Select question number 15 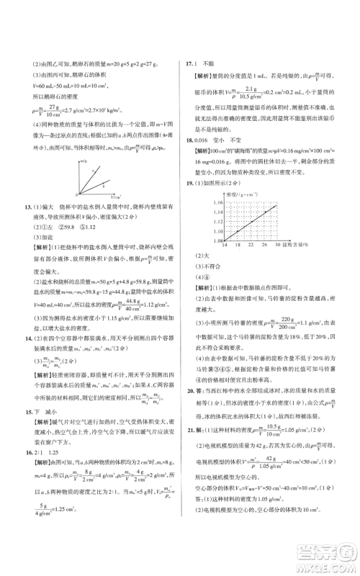27,410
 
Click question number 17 189,63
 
